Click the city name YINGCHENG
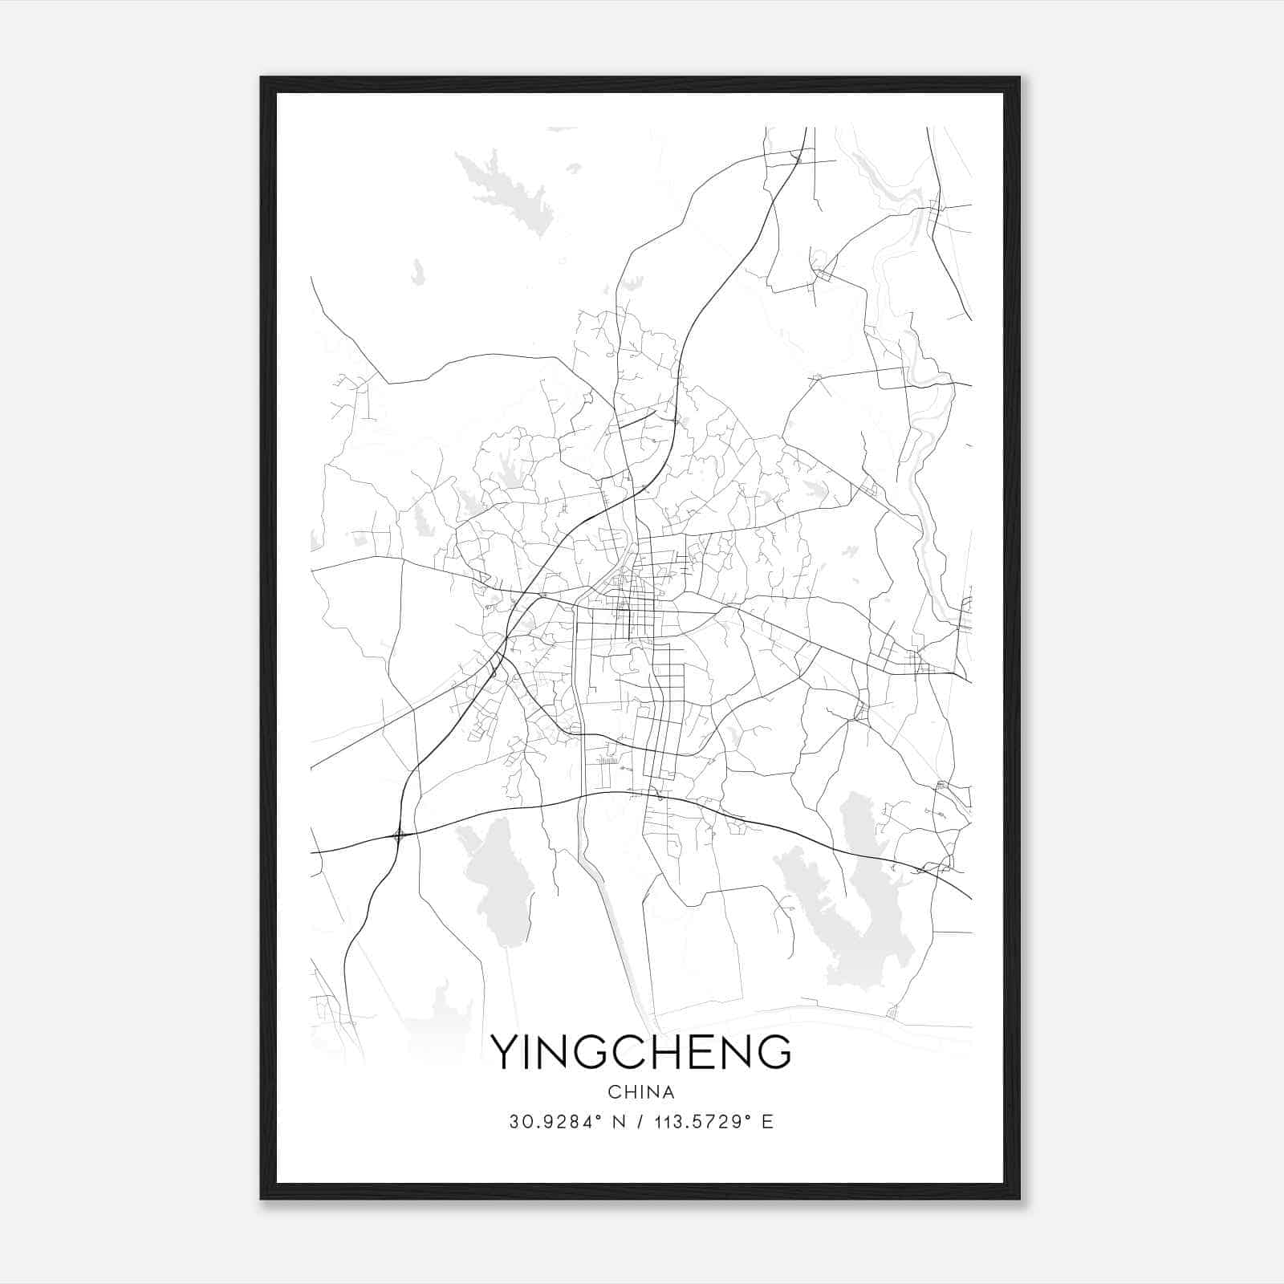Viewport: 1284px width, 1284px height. (x=640, y=1052)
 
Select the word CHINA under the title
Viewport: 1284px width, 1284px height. (x=640, y=1092)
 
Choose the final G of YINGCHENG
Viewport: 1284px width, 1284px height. (x=774, y=1052)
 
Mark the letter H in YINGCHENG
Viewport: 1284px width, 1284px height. (x=668, y=1052)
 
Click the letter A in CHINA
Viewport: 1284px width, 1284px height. (x=668, y=1092)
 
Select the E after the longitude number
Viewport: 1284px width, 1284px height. (x=768, y=1122)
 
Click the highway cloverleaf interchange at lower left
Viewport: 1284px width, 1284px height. (x=399, y=836)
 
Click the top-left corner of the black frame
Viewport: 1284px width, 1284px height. (x=262, y=79)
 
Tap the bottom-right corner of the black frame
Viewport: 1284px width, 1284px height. (x=1018, y=1198)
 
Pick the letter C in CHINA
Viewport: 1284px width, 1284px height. (x=613, y=1092)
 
